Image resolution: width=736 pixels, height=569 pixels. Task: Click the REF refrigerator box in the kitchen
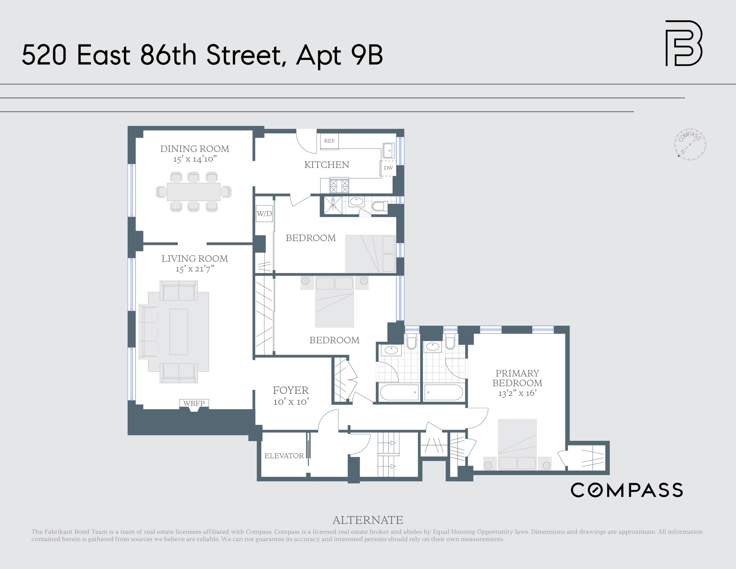pyautogui.click(x=329, y=141)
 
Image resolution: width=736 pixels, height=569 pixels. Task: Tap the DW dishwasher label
pyautogui.click(x=388, y=168)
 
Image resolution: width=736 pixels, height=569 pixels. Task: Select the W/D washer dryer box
pyautogui.click(x=264, y=214)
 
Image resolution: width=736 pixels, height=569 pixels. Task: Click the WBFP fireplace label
pyautogui.click(x=194, y=404)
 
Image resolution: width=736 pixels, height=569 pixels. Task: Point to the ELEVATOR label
pyautogui.click(x=284, y=456)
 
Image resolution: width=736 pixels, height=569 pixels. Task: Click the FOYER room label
pyautogui.click(x=291, y=390)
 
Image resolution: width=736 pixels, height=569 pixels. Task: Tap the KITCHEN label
pyautogui.click(x=327, y=165)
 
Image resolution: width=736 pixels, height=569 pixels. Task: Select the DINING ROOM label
pyautogui.click(x=195, y=149)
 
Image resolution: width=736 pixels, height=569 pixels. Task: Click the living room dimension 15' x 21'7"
pyautogui.click(x=195, y=269)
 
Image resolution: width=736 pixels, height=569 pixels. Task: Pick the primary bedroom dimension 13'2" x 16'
pyautogui.click(x=517, y=393)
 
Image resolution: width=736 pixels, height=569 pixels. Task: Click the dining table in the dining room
pyautogui.click(x=194, y=192)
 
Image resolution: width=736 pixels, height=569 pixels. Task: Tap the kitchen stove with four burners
pyautogui.click(x=339, y=185)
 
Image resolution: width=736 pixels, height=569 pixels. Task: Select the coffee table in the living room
pyautogui.click(x=179, y=332)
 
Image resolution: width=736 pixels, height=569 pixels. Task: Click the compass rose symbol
pyautogui.click(x=690, y=144)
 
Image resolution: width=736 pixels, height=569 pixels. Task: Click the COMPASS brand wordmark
pyautogui.click(x=627, y=490)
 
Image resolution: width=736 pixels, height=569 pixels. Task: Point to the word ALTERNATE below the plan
pyautogui.click(x=368, y=520)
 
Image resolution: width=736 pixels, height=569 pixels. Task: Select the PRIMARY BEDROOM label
pyautogui.click(x=517, y=378)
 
